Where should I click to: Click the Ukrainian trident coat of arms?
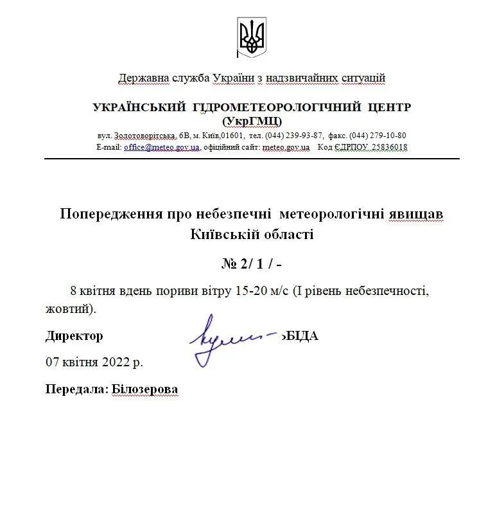[252, 36]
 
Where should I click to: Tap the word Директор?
[74, 336]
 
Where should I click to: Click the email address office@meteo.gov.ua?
[162, 147]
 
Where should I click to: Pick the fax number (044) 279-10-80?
[378, 136]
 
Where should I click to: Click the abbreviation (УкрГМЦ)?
[252, 121]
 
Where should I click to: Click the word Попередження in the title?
[110, 213]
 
